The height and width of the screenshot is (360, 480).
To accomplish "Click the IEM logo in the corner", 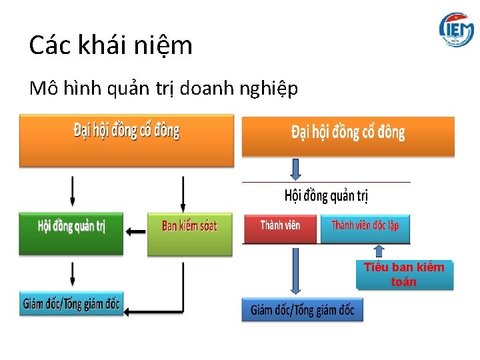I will click(x=456, y=29).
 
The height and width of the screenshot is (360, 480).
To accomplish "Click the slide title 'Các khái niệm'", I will click(x=111, y=45).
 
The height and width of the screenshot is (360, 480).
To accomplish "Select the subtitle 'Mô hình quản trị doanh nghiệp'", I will click(x=164, y=89).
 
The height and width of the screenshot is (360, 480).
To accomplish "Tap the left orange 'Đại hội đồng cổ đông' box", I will click(x=127, y=140).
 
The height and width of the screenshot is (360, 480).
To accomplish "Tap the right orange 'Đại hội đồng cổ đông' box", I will click(x=347, y=136).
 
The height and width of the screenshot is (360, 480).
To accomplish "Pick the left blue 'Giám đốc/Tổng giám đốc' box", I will click(x=71, y=304).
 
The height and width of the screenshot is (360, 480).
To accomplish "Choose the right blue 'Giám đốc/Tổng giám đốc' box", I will click(x=302, y=309).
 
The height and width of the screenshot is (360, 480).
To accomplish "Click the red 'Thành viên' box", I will click(x=279, y=228).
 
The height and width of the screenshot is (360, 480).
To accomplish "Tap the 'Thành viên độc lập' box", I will click(x=365, y=228).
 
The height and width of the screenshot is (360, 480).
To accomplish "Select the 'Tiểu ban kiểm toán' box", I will click(x=404, y=275).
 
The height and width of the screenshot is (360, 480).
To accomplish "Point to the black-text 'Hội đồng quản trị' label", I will click(x=326, y=195).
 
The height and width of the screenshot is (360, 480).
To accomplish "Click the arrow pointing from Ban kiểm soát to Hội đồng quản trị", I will click(x=136, y=231).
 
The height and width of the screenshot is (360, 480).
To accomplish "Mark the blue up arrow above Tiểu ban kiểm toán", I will click(x=379, y=251).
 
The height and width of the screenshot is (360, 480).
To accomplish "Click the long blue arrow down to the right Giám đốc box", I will click(x=295, y=270).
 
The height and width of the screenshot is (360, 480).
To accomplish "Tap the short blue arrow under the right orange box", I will click(x=295, y=168).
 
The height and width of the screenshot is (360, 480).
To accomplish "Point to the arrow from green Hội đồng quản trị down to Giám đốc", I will click(x=72, y=274).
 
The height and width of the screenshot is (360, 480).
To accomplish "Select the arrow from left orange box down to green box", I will click(x=72, y=191).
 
